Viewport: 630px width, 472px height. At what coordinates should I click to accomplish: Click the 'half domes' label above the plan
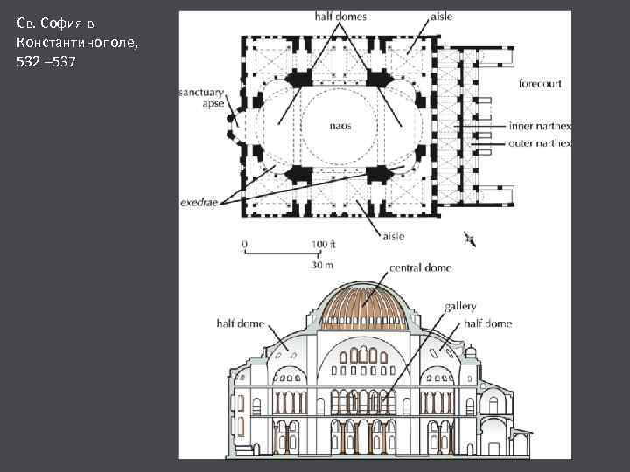(x=340, y=17)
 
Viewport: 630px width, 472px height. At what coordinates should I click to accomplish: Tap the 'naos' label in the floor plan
(x=340, y=126)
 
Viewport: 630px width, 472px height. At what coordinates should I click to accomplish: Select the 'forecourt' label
(x=540, y=84)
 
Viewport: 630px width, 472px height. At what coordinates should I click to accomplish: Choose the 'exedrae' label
(x=200, y=201)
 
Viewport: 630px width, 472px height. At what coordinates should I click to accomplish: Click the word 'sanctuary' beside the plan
(x=201, y=91)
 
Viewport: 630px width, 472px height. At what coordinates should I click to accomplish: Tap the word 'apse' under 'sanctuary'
(x=213, y=102)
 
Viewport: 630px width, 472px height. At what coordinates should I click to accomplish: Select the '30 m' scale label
(x=322, y=264)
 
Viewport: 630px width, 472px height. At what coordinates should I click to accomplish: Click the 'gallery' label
(x=460, y=307)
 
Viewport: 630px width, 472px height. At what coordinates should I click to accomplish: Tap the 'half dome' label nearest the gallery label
(x=488, y=323)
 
